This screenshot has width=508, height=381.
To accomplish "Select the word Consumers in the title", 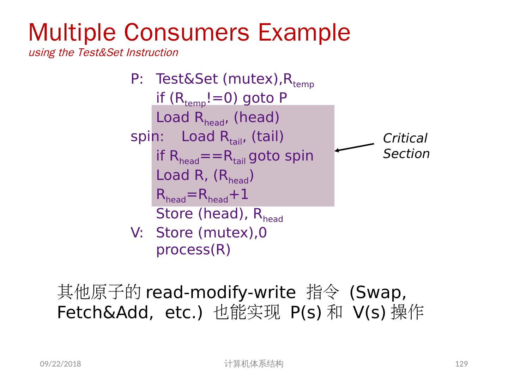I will pos(186,32).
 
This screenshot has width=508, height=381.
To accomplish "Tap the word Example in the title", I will pos(304,32).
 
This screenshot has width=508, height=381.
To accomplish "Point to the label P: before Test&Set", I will pos(137,79).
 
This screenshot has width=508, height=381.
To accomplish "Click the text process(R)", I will pos(193,249).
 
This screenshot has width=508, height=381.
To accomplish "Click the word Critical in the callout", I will pos(405,138).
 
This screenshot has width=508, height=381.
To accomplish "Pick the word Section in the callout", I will pos(406,154).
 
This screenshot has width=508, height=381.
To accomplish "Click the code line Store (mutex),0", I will pos(211,233).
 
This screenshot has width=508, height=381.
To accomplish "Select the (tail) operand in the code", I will pos(267,137).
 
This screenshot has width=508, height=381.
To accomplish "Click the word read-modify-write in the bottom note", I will pos(220,292).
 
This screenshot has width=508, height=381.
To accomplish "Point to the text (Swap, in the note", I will pos(377,292).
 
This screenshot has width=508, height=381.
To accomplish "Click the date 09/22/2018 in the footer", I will pos(60,364).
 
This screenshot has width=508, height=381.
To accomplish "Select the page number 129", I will pos(461,364).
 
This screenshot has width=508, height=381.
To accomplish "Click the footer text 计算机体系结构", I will pos(254,364).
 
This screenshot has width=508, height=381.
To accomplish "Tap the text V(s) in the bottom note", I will pos(369,312).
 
